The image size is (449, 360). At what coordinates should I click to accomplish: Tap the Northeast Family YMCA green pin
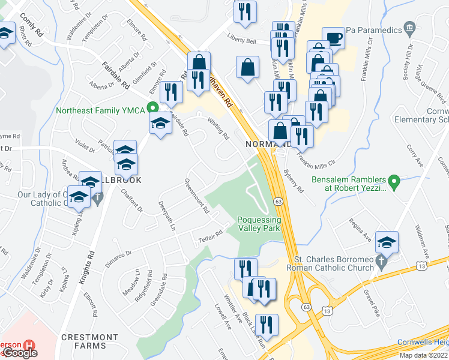point(153,109)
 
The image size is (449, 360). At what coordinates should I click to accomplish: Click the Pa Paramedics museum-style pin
point(410,27)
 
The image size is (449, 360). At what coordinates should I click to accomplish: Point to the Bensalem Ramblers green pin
point(394,180)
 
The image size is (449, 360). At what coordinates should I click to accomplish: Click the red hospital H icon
point(28,346)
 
